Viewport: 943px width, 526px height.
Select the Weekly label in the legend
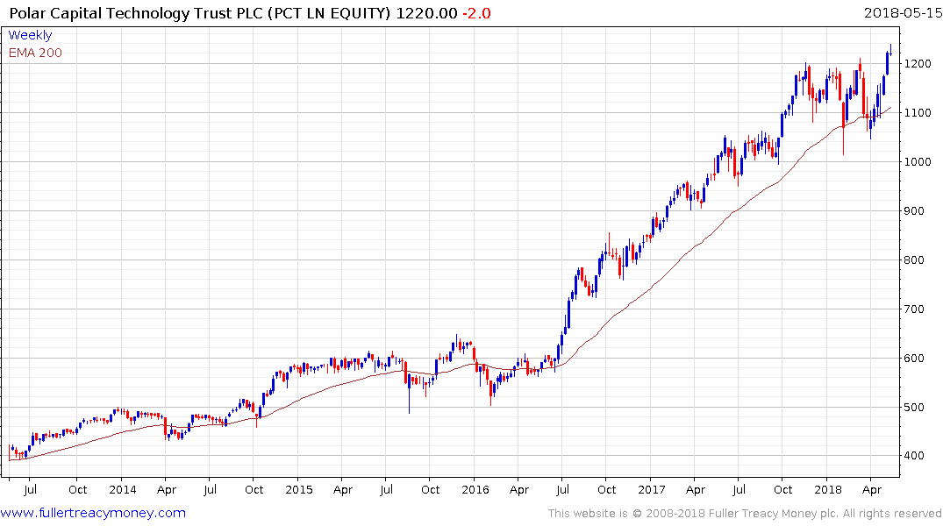point(30,35)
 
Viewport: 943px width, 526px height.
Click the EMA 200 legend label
point(35,53)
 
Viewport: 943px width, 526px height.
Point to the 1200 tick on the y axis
point(920,64)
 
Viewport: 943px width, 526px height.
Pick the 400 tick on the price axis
point(917,457)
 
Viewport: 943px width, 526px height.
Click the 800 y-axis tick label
point(917,260)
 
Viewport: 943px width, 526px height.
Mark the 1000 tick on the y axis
point(920,162)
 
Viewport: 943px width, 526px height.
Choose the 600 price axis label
point(917,359)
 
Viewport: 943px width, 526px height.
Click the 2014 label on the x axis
point(123,490)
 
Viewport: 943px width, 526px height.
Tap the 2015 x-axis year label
point(299,490)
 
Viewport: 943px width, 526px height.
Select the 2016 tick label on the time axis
point(475,490)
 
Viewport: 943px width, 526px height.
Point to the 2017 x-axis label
point(652,490)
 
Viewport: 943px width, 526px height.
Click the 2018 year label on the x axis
point(828,490)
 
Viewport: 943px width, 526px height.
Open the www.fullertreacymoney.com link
point(94,513)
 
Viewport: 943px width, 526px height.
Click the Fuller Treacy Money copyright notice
point(745,514)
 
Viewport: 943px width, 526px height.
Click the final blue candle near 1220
point(888,62)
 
